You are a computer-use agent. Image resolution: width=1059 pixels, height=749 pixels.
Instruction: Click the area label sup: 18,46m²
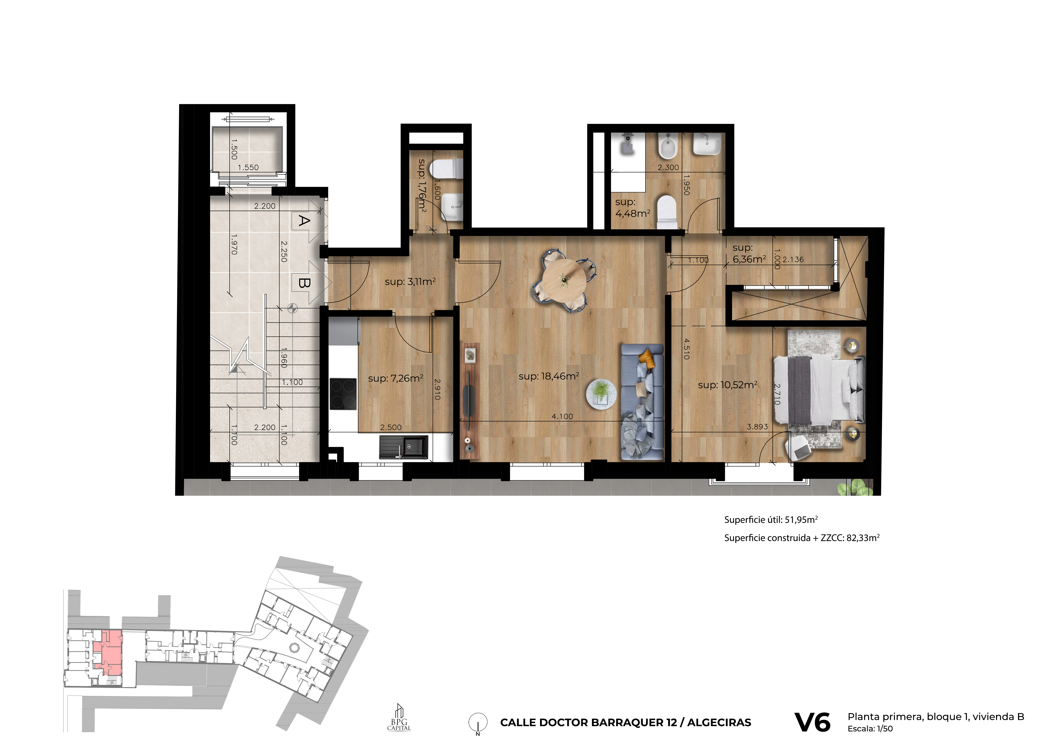tap(549, 376)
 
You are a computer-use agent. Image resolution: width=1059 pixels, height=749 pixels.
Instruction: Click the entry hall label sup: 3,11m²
tap(410, 281)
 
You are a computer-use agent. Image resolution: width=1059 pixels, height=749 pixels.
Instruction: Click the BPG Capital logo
tap(399, 718)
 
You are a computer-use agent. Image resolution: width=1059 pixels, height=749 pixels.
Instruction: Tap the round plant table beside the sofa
tap(600, 392)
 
